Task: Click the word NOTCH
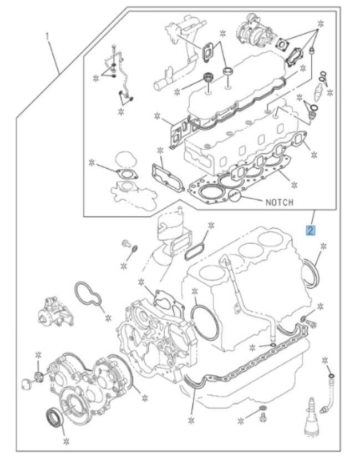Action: (279, 202)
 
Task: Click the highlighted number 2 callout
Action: (311, 229)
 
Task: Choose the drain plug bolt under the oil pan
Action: (262, 413)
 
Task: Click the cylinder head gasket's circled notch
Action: (236, 196)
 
